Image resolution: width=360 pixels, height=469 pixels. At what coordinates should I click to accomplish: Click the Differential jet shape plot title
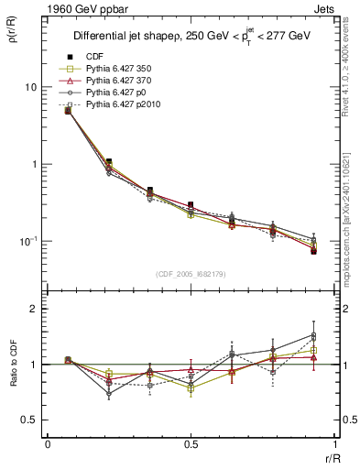[191, 36]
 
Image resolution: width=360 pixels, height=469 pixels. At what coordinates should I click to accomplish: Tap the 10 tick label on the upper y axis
[30, 87]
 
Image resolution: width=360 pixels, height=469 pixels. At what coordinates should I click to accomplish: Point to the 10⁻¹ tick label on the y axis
[28, 241]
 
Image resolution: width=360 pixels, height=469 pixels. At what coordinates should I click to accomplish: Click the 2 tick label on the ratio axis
[34, 310]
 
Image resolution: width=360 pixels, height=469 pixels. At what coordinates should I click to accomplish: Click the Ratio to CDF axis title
[12, 364]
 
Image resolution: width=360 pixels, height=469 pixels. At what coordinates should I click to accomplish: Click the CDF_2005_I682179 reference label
[191, 274]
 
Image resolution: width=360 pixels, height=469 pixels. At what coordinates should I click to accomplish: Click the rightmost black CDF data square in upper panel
[313, 251]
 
